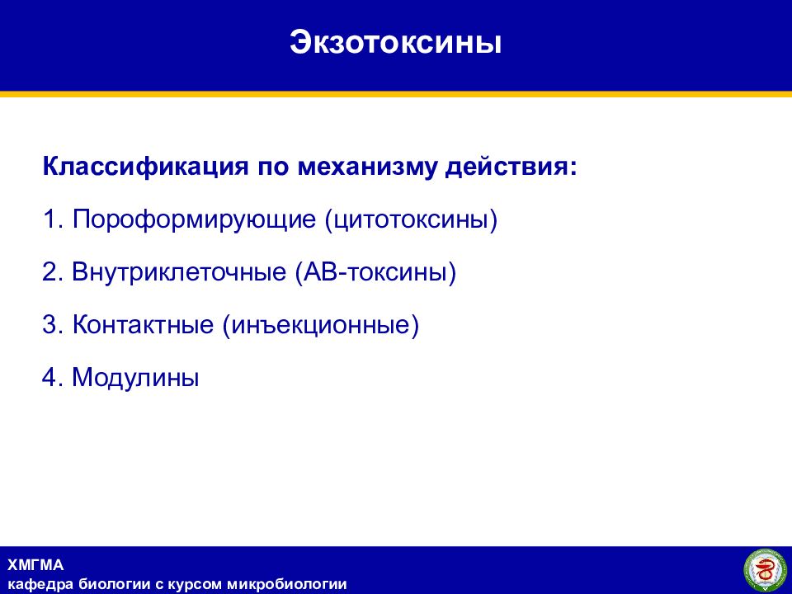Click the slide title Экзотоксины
pyautogui.click(x=395, y=42)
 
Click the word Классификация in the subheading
pyautogui.click(x=145, y=167)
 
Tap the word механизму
pyautogui.click(x=366, y=167)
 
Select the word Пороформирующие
pyautogui.click(x=194, y=219)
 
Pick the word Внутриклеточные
pyautogui.click(x=179, y=271)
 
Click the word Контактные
pyautogui.click(x=143, y=324)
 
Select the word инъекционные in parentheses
pyautogui.click(x=321, y=324)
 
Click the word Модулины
pyautogui.click(x=135, y=377)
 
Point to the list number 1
pyautogui.click(x=49, y=219)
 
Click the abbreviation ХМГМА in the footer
pyautogui.click(x=35, y=564)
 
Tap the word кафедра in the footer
pyautogui.click(x=40, y=585)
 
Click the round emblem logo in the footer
pyautogui.click(x=764, y=571)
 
